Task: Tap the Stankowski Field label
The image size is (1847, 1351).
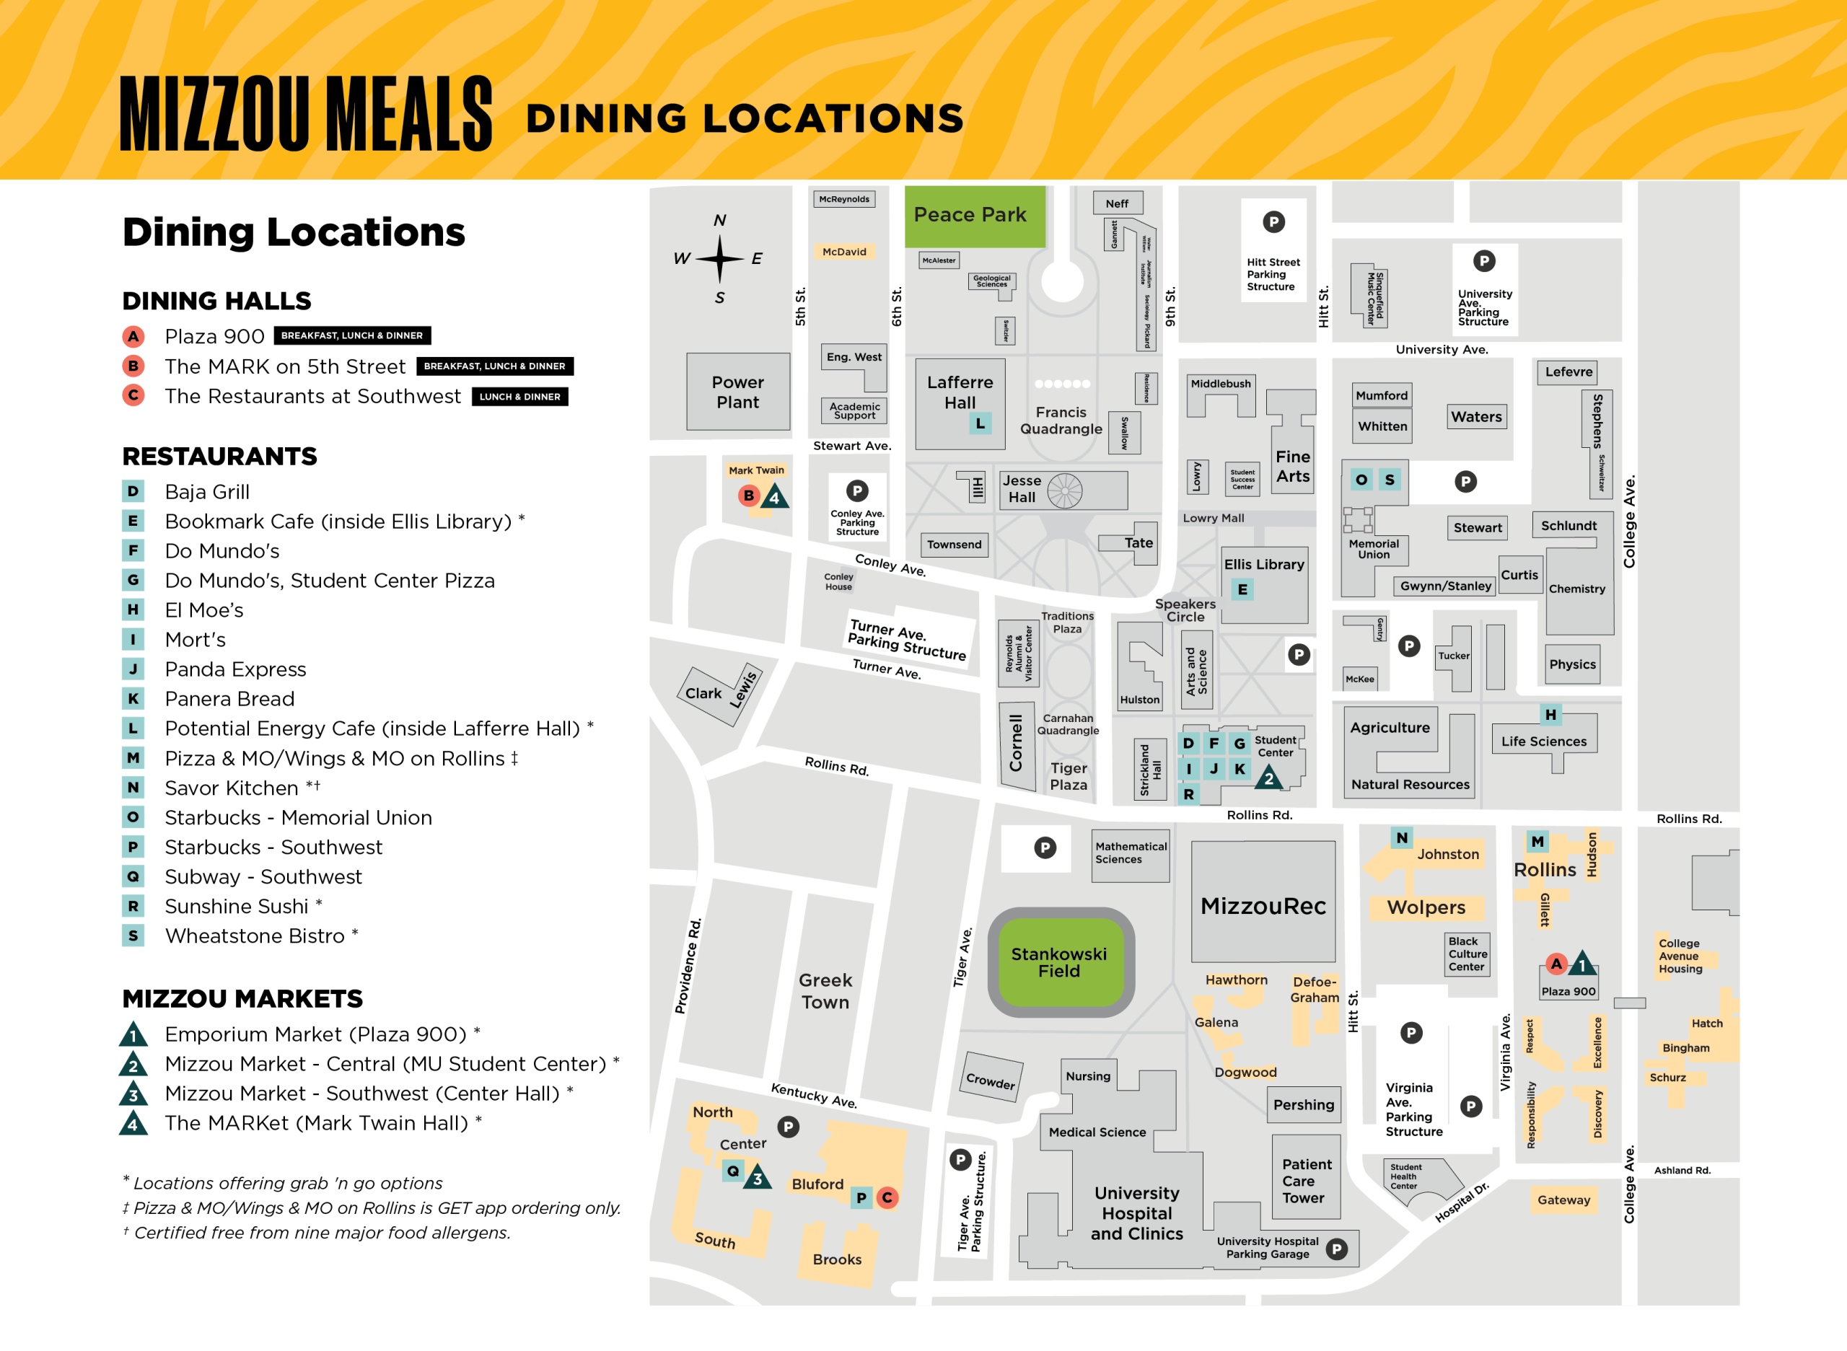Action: (x=1058, y=962)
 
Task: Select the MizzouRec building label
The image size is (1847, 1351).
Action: (x=1263, y=906)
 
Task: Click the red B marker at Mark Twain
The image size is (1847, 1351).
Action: (x=748, y=495)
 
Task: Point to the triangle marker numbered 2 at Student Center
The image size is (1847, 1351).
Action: (x=1268, y=777)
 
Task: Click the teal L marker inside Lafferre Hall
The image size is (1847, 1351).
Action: (x=980, y=423)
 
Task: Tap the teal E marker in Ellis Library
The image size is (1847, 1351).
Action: (x=1242, y=589)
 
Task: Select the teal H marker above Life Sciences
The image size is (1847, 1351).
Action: (x=1550, y=715)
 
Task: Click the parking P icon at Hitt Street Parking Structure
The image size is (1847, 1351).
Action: (x=1273, y=221)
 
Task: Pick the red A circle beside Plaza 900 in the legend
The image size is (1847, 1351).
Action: (x=133, y=336)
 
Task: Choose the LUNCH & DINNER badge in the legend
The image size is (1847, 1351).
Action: (x=519, y=397)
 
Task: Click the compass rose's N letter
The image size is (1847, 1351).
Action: (x=720, y=220)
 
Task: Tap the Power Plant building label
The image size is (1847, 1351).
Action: (x=737, y=392)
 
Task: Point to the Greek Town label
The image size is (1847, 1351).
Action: (x=825, y=990)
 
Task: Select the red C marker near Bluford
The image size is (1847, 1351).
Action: (x=887, y=1197)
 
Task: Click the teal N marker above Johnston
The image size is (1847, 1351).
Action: (x=1402, y=837)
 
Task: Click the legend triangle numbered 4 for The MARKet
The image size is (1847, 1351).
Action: (x=133, y=1124)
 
